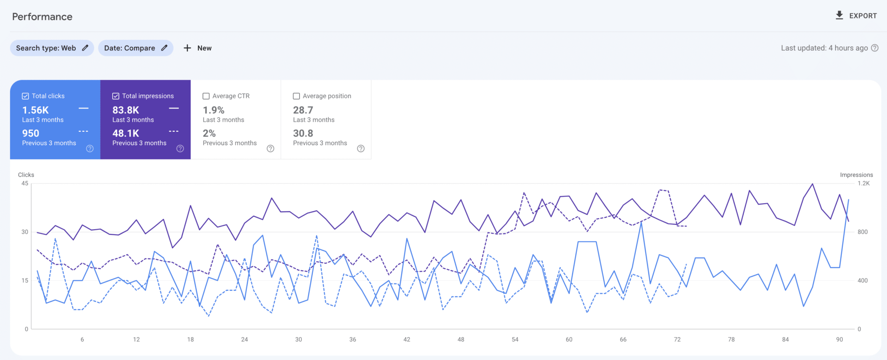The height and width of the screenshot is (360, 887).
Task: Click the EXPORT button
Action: (856, 16)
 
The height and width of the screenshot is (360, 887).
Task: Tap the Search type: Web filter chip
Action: (52, 48)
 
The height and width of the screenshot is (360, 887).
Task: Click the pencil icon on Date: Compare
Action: (164, 48)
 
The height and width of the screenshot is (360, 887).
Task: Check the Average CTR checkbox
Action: (206, 96)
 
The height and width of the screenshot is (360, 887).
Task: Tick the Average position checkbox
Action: (296, 96)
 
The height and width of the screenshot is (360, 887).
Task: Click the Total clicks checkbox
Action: (26, 96)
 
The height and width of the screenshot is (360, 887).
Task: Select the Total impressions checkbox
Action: (116, 96)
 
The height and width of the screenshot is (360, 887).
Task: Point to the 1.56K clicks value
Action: (36, 110)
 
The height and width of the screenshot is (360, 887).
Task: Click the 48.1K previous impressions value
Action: (126, 133)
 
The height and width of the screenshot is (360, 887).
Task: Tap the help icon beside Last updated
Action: (874, 48)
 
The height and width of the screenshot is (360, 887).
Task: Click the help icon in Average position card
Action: (360, 149)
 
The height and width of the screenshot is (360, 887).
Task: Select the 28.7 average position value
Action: (303, 110)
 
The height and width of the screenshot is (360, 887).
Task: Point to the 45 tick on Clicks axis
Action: (25, 183)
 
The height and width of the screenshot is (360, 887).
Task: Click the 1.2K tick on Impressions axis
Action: (863, 183)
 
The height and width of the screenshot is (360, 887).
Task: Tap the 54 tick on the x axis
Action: (515, 340)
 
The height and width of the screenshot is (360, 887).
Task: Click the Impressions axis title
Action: (856, 175)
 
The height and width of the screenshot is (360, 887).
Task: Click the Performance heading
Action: (42, 16)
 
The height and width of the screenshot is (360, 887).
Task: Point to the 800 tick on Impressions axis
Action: (862, 232)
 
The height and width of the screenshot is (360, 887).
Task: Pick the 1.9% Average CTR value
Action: (214, 110)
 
